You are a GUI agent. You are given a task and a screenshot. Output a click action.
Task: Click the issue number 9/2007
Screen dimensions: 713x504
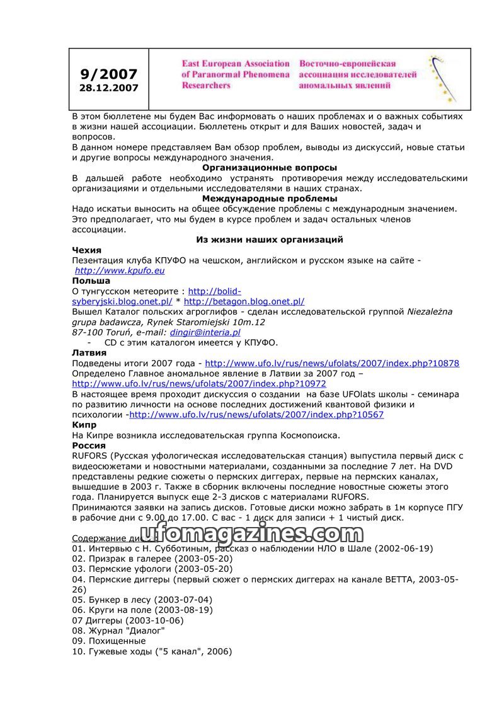point(109,74)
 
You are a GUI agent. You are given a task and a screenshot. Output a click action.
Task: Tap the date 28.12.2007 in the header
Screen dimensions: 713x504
point(109,88)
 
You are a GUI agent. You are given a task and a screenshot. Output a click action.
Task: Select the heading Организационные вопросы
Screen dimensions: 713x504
point(269,168)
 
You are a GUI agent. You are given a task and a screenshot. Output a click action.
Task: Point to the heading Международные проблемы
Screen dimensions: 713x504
point(269,199)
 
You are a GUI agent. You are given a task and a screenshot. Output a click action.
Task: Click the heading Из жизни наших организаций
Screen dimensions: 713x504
point(269,240)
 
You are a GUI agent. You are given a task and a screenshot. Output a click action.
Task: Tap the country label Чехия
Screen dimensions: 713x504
point(87,250)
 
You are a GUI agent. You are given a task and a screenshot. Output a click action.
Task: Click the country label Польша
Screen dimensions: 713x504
point(91,281)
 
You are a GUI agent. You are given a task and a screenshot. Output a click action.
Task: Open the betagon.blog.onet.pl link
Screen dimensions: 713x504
point(244,301)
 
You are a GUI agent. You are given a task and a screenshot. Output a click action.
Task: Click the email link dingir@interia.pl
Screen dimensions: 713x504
point(205,332)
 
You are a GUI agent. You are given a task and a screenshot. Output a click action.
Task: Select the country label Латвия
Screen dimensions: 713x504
point(89,352)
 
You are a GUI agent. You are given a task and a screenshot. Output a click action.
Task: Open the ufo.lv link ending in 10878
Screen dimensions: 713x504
point(332,363)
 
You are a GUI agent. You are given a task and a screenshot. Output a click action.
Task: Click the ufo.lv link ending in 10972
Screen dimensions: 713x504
point(199,383)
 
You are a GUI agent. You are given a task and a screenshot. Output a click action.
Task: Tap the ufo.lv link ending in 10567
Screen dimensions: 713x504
point(256,414)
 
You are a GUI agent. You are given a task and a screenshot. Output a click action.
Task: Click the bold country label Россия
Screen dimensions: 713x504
point(89,445)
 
